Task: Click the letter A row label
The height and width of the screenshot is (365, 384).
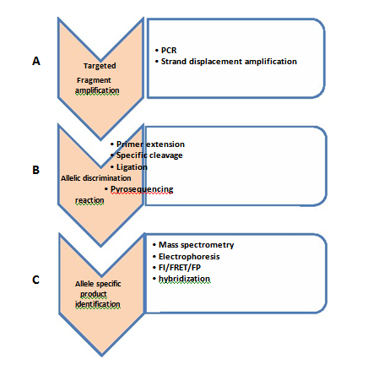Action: coord(36,61)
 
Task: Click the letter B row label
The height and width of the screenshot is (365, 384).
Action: coord(35,170)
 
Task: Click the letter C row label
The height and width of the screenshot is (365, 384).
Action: coord(35,280)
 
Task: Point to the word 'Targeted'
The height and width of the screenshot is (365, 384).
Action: coord(100,66)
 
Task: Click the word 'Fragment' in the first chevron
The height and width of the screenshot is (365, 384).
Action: coord(94,80)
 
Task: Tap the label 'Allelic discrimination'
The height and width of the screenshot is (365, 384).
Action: coord(96,178)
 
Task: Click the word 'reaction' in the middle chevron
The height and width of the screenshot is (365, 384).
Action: coord(89,200)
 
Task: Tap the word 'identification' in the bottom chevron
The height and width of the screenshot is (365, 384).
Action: coord(98,304)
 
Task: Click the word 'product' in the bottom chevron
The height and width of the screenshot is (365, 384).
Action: coord(94,294)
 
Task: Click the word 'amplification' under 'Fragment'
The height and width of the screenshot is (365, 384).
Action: coord(97,90)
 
